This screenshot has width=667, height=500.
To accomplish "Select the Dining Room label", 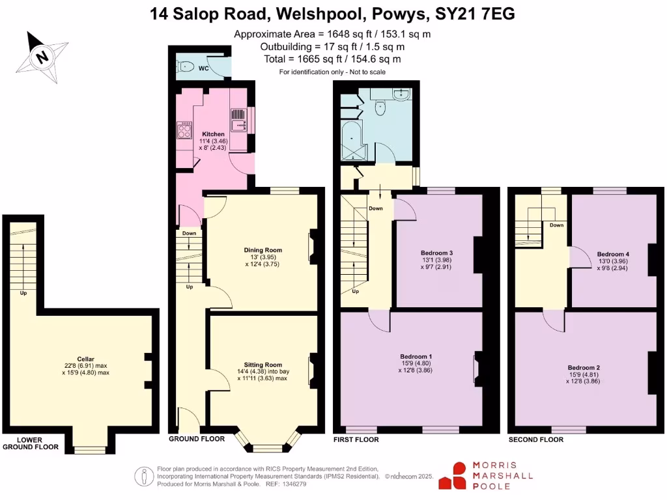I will click(x=263, y=250).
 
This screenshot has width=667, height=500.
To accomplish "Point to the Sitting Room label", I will click(x=263, y=365).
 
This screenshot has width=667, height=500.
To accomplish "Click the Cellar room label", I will click(x=85, y=359).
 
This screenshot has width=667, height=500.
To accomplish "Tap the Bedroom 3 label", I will click(x=436, y=253).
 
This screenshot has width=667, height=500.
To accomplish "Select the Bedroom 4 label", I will click(x=613, y=253).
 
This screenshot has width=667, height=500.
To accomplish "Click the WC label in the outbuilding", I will click(x=203, y=68).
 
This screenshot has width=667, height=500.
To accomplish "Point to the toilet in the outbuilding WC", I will click(x=184, y=65).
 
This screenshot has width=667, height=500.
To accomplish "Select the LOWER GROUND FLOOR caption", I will click(x=30, y=443).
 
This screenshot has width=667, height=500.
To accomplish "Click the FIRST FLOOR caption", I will click(x=356, y=439).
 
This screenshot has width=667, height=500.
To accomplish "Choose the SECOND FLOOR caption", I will click(x=535, y=439).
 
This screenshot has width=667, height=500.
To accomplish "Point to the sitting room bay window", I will click(x=266, y=447).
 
